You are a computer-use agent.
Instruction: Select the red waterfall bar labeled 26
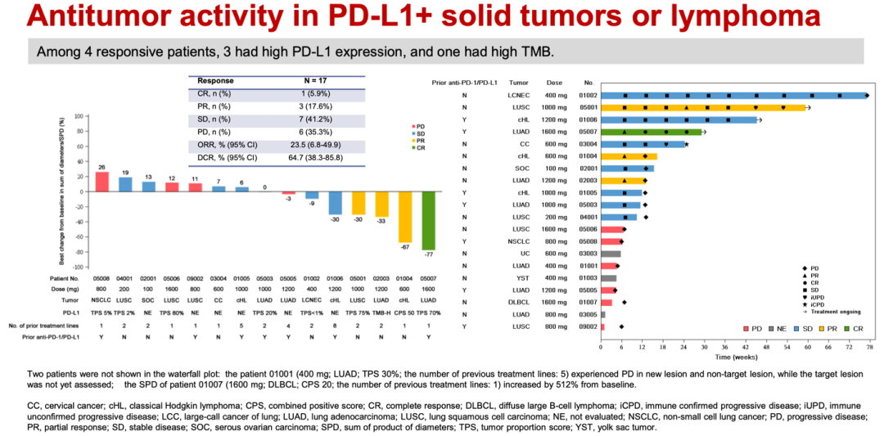click(102, 181)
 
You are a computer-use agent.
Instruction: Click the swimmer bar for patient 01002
click(733, 96)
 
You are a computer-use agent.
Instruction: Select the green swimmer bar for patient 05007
click(652, 132)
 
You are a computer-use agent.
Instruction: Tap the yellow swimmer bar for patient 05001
click(704, 107)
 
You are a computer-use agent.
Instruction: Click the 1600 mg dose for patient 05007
click(555, 132)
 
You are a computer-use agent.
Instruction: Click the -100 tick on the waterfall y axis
click(79, 267)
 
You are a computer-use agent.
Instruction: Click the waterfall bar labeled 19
click(125, 184)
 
